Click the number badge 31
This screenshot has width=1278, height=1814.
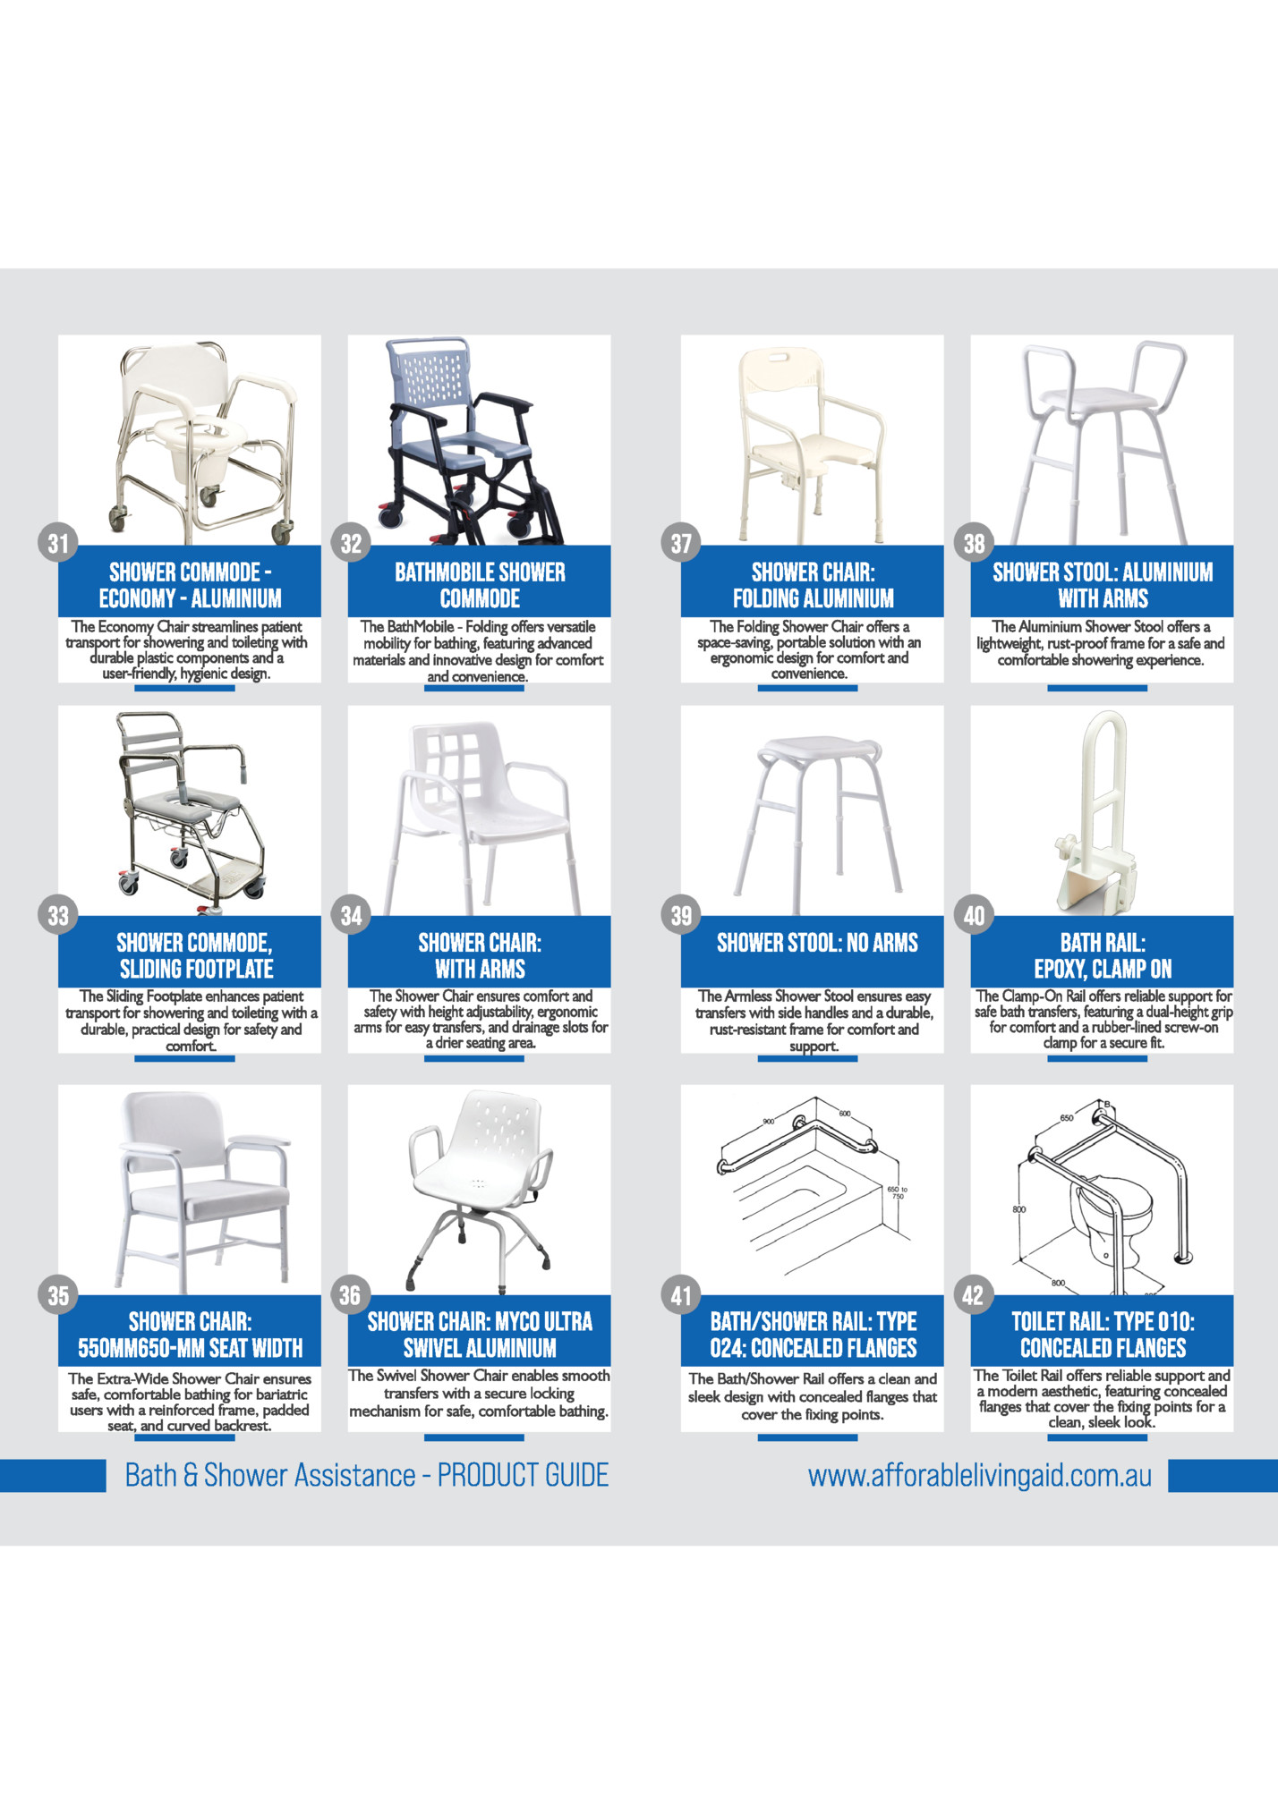58,543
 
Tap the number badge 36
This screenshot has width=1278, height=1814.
350,1294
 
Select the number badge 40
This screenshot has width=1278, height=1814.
974,915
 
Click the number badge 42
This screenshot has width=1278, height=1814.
973,1294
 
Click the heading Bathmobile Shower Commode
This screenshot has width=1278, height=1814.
480,585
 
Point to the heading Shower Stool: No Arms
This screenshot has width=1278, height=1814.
817,943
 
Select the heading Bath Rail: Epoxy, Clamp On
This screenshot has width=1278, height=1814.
1103,955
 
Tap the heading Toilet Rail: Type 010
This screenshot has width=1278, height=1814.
1103,1321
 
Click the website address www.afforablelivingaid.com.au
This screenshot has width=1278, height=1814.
980,1475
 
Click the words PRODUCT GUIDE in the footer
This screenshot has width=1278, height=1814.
523,1474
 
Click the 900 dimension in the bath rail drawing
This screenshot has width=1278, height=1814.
768,1122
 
